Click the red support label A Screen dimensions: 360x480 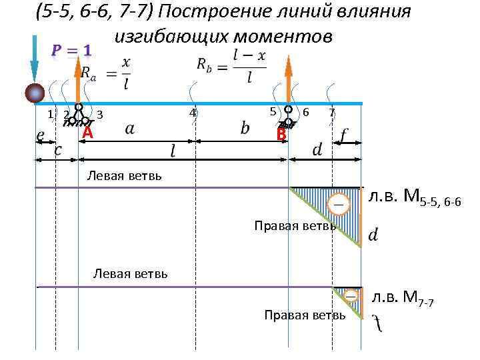[87, 134]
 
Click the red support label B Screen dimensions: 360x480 [281, 135]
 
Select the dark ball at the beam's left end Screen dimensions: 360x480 [35, 94]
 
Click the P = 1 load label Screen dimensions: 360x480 [72, 51]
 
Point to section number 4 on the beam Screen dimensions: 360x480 [192, 113]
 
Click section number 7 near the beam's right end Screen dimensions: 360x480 [332, 113]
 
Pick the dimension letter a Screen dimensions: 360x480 [129, 129]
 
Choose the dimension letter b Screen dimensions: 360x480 [245, 127]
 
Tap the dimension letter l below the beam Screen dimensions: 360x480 [173, 152]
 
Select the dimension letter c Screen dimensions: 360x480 [58, 149]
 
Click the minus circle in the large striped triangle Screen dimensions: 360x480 [338, 204]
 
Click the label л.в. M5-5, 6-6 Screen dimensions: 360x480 [413, 198]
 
